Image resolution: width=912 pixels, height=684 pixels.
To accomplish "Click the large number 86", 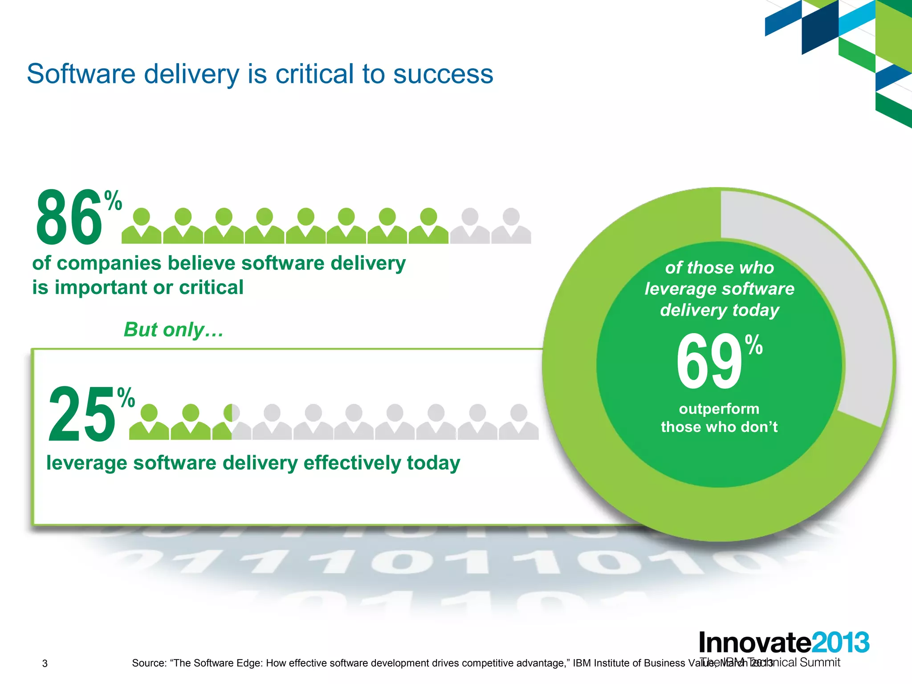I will tap(69, 217).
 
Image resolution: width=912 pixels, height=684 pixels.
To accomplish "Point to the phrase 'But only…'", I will tap(173, 330).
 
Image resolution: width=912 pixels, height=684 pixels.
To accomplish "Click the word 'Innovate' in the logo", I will tap(754, 643).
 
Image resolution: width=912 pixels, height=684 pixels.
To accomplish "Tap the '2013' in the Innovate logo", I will tap(841, 643).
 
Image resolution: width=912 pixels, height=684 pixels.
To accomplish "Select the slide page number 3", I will tap(45, 664).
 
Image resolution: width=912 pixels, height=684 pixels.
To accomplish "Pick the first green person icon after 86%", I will tap(142, 226).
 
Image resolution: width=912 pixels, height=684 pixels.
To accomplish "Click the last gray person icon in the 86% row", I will tap(511, 226).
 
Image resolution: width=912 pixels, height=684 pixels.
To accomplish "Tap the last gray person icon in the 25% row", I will tap(518, 423).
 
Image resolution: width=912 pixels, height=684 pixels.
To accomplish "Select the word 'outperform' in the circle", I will tap(719, 409).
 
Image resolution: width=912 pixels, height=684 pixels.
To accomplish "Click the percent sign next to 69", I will tap(754, 345).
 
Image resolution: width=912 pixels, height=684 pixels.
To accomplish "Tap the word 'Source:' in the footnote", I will tap(149, 663).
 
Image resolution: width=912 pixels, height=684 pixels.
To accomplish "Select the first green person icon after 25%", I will tap(149, 423).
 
